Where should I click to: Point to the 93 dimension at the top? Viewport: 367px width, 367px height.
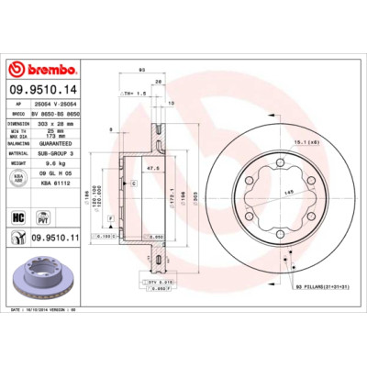[x=142, y=70]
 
